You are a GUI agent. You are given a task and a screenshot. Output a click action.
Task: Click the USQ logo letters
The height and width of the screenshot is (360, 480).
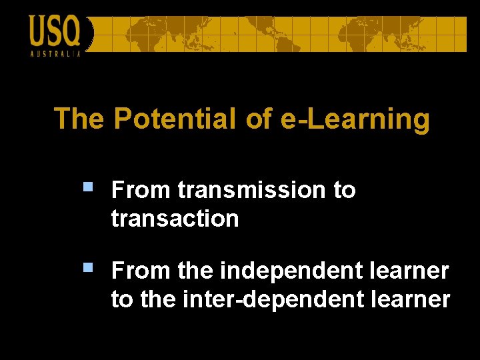tap(55, 31)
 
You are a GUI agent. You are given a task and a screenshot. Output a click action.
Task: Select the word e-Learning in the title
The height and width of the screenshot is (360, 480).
tap(356, 119)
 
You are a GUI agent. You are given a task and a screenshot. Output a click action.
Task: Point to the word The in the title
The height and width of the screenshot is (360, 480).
tap(79, 119)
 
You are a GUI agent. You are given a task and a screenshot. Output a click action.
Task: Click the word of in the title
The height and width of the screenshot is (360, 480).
tap(259, 119)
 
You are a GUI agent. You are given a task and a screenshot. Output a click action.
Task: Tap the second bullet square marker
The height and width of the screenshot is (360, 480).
tap(88, 268)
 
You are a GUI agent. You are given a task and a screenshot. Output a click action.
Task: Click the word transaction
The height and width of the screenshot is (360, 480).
tap(175, 219)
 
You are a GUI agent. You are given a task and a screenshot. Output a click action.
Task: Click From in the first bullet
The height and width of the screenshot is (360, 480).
tap(141, 190)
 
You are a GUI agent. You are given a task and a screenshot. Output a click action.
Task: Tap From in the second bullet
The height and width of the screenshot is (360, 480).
tap(141, 271)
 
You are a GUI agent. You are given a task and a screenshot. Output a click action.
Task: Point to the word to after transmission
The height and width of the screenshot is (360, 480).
tap(344, 190)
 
